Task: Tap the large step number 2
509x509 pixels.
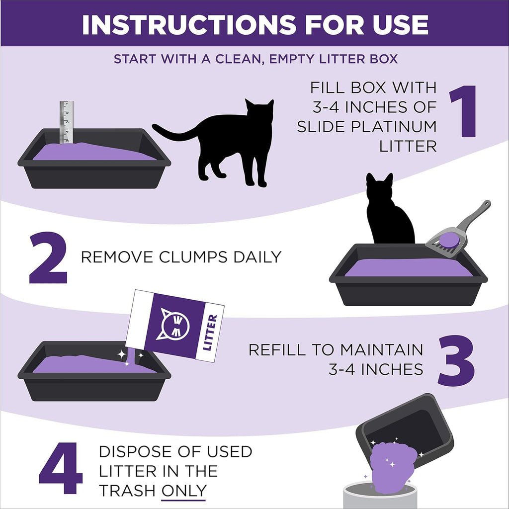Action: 48,258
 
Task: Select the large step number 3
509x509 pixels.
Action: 456,358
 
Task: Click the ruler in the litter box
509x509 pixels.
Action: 66,122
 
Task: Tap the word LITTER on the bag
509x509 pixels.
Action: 210,333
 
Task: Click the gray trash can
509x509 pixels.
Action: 380,496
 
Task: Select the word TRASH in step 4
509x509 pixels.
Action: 127,491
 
